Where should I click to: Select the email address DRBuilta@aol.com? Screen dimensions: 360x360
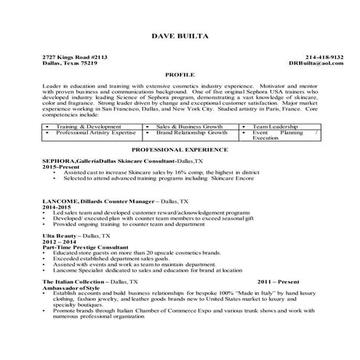(x=316, y=63)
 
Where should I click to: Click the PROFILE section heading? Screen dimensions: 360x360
(x=180, y=75)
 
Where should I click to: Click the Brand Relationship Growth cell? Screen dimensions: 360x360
(x=191, y=134)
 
